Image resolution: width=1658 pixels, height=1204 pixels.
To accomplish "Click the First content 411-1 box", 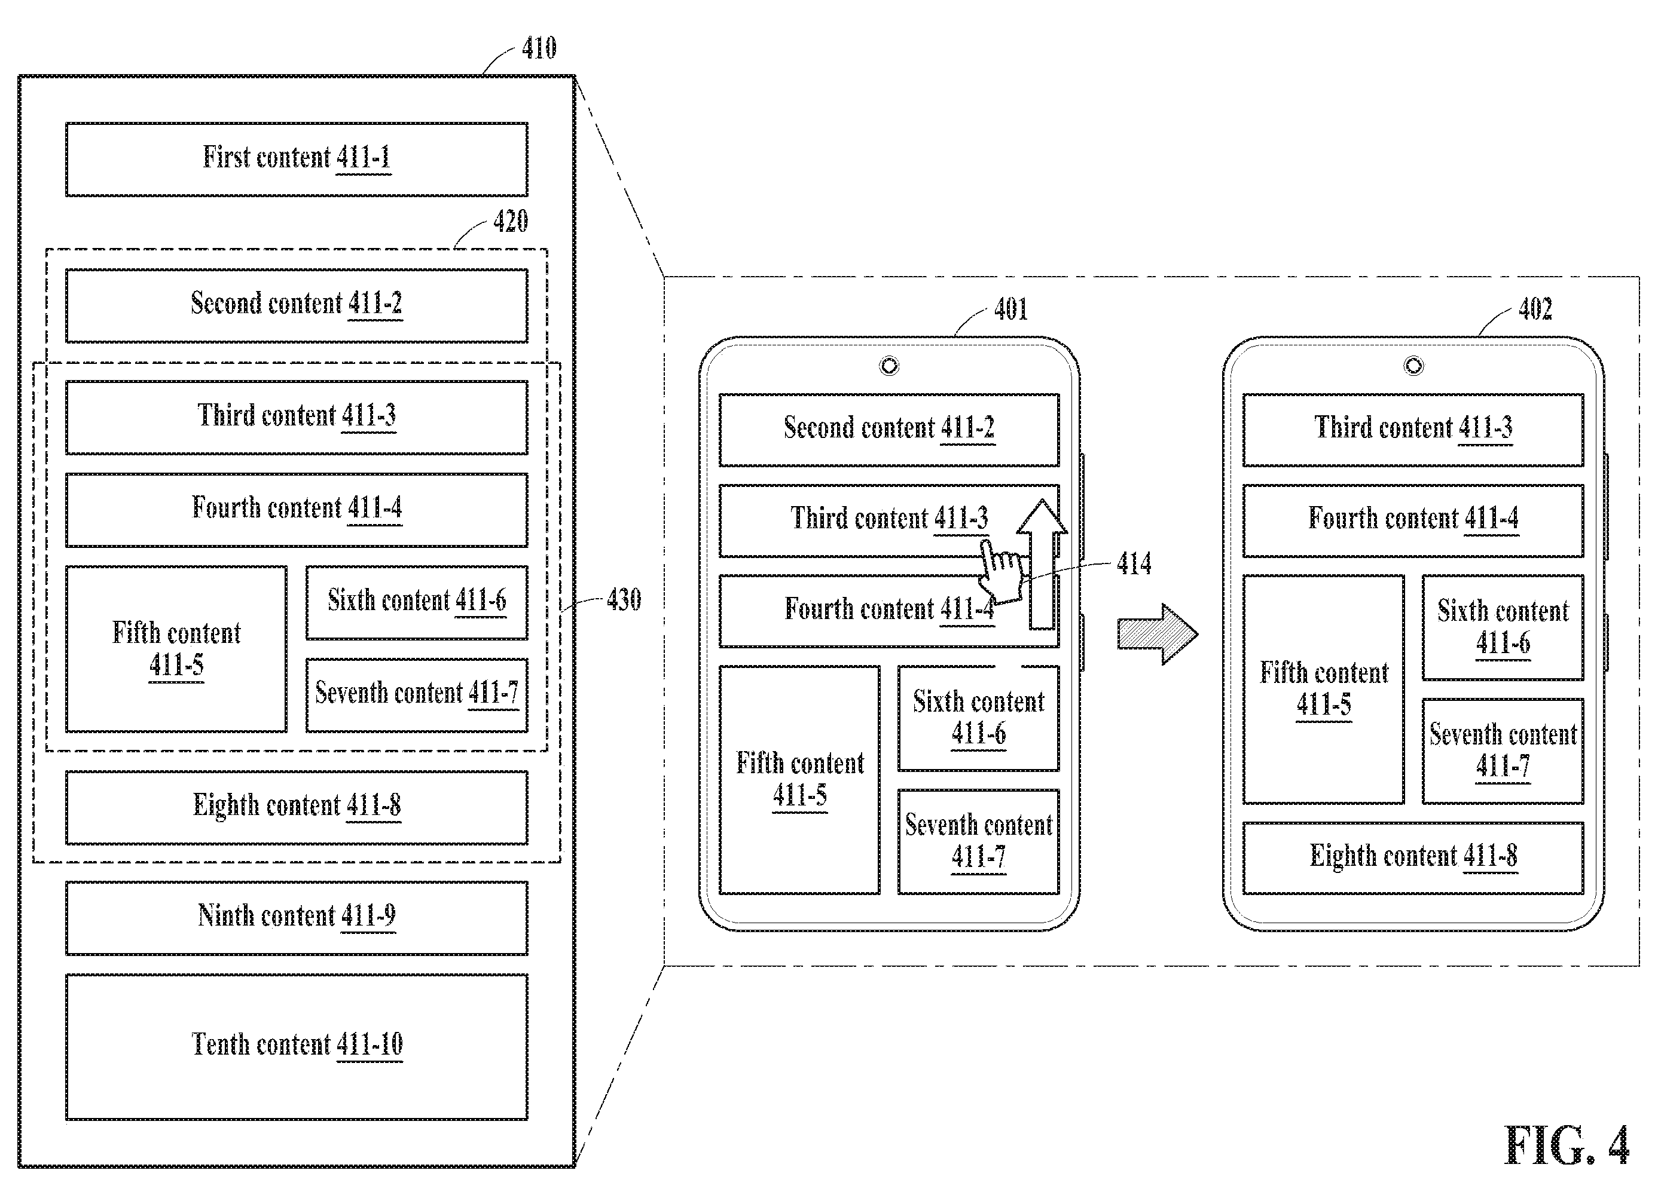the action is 296,160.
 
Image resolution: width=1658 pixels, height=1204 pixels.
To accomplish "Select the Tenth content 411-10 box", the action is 296,1046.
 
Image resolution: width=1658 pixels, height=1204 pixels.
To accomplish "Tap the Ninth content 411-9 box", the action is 296,918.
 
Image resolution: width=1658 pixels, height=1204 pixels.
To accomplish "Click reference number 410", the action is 539,48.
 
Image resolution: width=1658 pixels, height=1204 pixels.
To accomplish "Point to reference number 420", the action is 510,220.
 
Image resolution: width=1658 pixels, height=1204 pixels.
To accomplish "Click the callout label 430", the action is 624,600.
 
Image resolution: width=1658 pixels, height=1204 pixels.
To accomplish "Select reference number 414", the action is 1134,563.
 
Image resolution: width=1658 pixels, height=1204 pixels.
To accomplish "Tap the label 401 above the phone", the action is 1011,309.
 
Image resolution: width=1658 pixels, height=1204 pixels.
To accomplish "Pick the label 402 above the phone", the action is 1535,308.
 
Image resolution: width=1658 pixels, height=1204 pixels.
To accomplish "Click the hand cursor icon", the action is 1003,573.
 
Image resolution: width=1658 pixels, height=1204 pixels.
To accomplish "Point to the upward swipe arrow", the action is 1042,564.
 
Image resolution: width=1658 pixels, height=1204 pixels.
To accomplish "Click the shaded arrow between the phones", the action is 1157,634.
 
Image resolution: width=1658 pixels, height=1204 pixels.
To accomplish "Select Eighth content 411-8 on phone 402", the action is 1413,857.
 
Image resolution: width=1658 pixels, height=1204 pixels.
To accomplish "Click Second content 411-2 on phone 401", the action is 889,430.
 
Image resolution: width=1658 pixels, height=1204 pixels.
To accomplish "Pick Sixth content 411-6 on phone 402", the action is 1503,627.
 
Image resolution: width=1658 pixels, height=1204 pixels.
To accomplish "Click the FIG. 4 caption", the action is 1566,1145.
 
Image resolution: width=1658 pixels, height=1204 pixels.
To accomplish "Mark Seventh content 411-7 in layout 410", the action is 417,695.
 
